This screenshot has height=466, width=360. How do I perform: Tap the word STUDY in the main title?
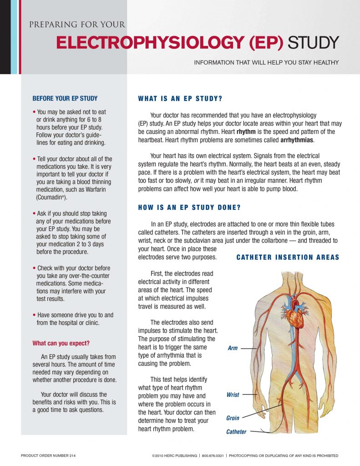(x=314, y=43)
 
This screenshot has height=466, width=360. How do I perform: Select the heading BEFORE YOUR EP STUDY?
(x=65, y=98)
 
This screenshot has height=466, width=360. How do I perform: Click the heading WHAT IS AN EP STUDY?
(x=180, y=99)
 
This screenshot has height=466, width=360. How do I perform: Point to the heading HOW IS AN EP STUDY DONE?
(x=189, y=208)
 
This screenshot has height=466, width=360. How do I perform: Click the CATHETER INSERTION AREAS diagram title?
(x=288, y=258)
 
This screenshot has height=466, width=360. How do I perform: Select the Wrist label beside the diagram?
(x=233, y=395)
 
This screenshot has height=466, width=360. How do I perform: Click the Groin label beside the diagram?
(x=233, y=418)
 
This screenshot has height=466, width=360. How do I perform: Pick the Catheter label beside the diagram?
(x=236, y=432)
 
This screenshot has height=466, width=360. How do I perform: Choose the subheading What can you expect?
(x=61, y=343)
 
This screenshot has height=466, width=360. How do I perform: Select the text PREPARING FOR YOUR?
(x=77, y=25)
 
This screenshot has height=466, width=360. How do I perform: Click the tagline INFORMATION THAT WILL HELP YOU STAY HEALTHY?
(x=266, y=62)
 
